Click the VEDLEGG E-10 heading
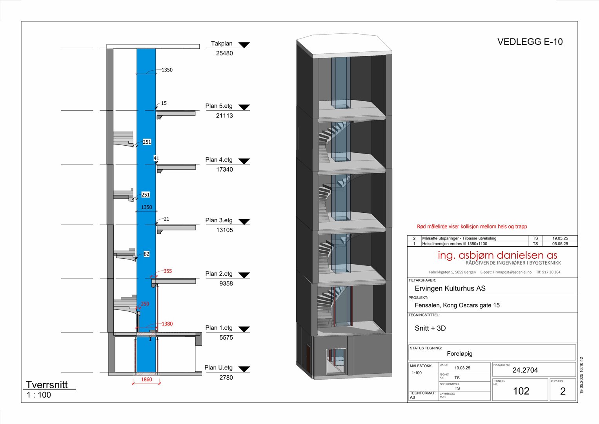pyautogui.click(x=530, y=42)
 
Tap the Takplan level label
pyautogui.click(x=222, y=44)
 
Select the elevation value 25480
pyautogui.click(x=224, y=53)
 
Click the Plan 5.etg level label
pyautogui.click(x=219, y=106)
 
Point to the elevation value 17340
pyautogui.click(x=224, y=170)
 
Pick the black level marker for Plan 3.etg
pyautogui.click(x=244, y=222)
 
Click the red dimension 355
pyautogui.click(x=168, y=271)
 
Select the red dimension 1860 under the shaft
pyautogui.click(x=146, y=380)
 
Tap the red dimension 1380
pyautogui.click(x=167, y=324)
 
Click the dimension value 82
pyautogui.click(x=146, y=254)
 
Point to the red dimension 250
pyautogui.click(x=145, y=304)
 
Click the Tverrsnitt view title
pyautogui.click(x=47, y=385)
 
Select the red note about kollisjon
pyautogui.click(x=472, y=227)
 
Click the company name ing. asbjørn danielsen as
pyautogui.click(x=497, y=255)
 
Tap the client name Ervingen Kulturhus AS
pyautogui.click(x=450, y=289)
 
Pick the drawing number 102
pyautogui.click(x=521, y=391)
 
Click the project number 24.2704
pyautogui.click(x=525, y=370)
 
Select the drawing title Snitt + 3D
pyautogui.click(x=430, y=328)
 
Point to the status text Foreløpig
pyautogui.click(x=459, y=354)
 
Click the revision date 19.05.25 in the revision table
pyautogui.click(x=560, y=238)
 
